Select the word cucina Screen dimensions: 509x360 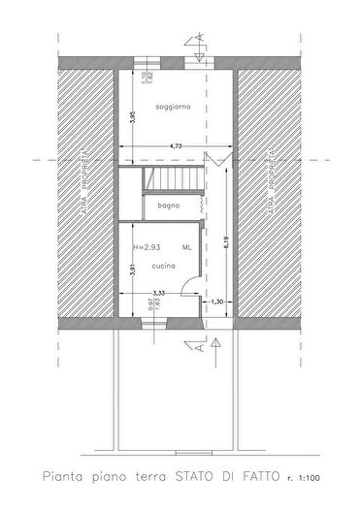[x=163, y=264]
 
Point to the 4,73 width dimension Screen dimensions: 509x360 [x=176, y=144]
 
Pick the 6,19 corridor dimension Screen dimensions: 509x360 [x=225, y=239]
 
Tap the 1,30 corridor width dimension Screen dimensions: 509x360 [x=217, y=302]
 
